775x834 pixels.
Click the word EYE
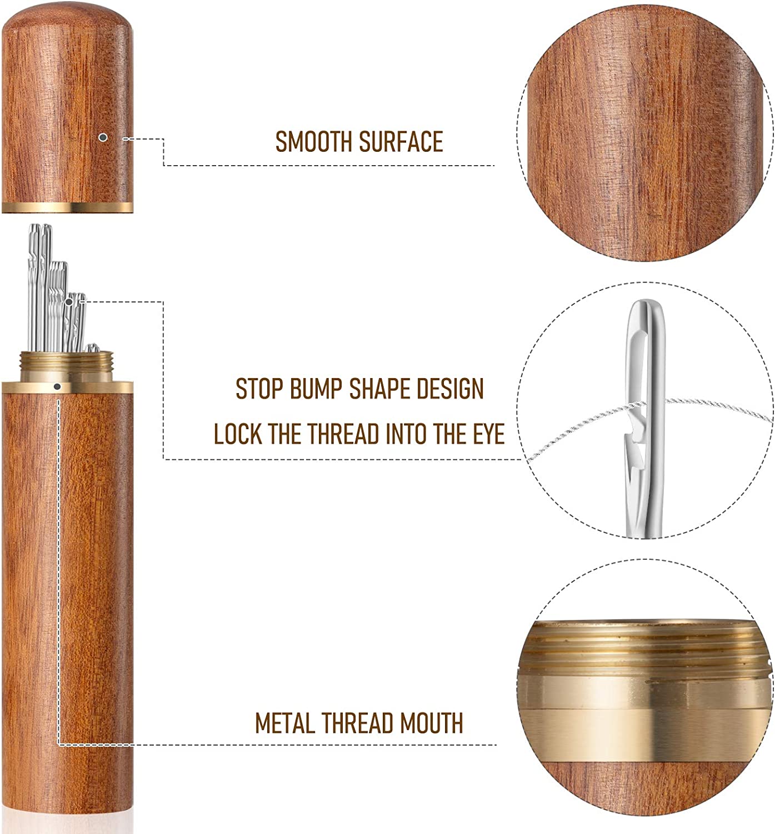tap(486, 434)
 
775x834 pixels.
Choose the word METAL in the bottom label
tap(285, 723)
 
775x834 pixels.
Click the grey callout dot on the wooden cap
tap(102, 137)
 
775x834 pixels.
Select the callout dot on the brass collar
tap(57, 386)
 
